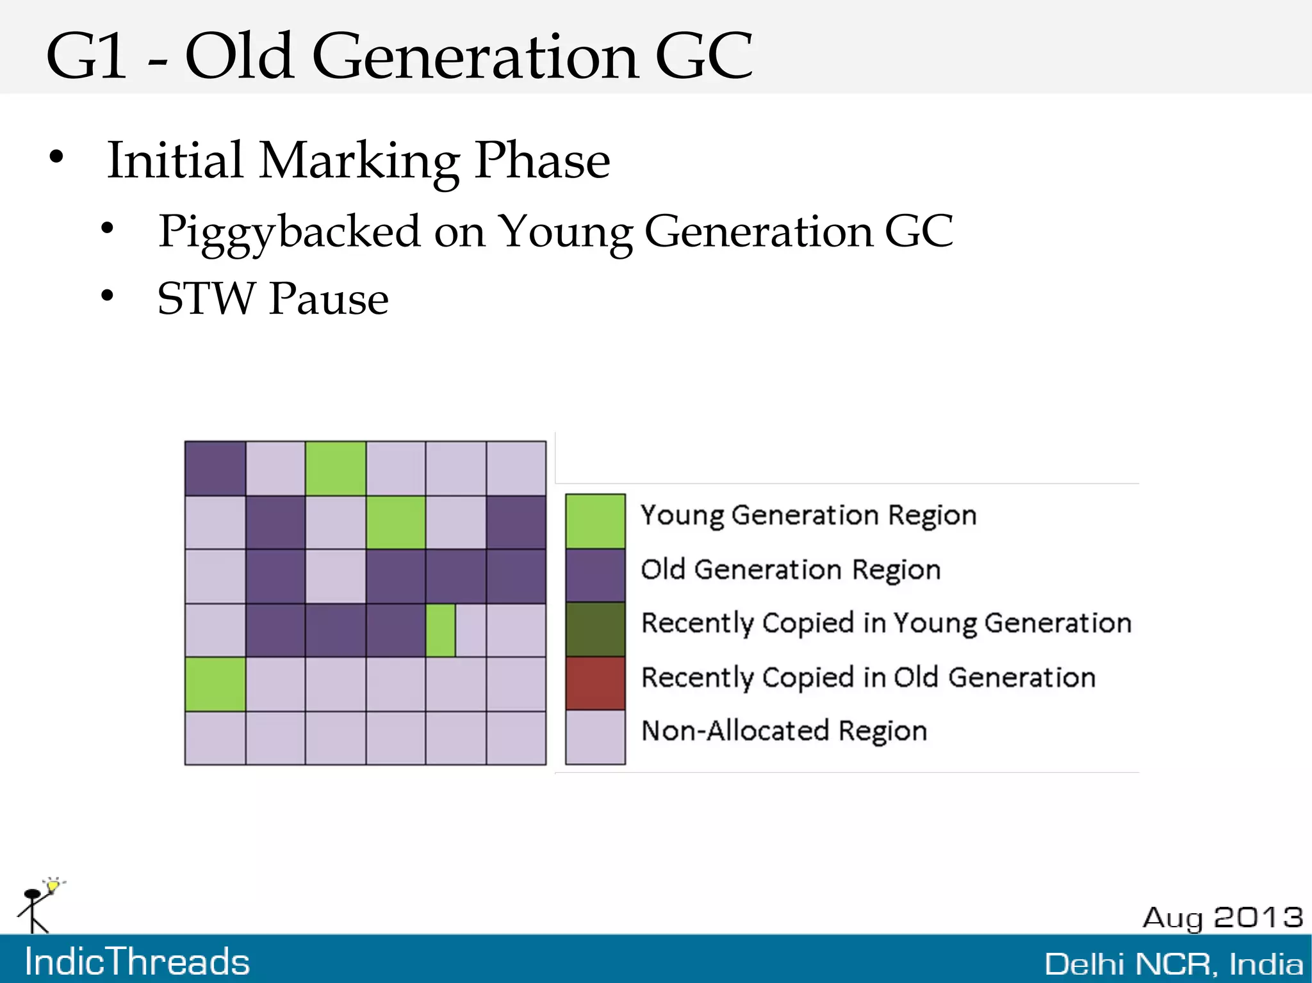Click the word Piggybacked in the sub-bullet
pyautogui.click(x=289, y=232)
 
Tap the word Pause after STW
pyautogui.click(x=329, y=299)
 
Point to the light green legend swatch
pyautogui.click(x=595, y=521)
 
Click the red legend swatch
pyautogui.click(x=595, y=683)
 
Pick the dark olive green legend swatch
pyautogui.click(x=595, y=629)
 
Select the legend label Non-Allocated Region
pyautogui.click(x=784, y=731)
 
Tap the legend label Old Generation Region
pyautogui.click(x=791, y=569)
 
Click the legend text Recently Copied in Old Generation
pyautogui.click(x=868, y=678)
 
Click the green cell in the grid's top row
pyautogui.click(x=336, y=468)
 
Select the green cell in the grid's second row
pyautogui.click(x=396, y=522)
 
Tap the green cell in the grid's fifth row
pyautogui.click(x=215, y=684)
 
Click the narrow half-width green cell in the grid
pyautogui.click(x=441, y=630)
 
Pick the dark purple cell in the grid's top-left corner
pyautogui.click(x=215, y=468)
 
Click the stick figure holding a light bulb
pyautogui.click(x=38, y=905)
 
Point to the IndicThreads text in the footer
pyautogui.click(x=137, y=962)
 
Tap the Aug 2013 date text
pyautogui.click(x=1222, y=918)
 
